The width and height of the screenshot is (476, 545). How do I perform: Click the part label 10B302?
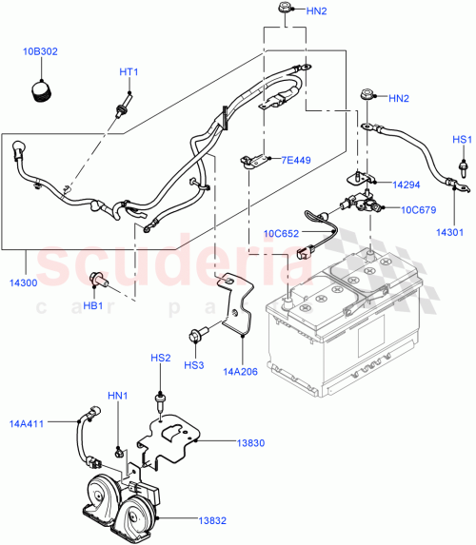40,52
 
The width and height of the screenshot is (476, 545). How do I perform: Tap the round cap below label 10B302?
41,89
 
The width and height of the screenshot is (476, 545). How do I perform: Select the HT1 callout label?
129,72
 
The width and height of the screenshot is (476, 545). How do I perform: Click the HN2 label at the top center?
317,11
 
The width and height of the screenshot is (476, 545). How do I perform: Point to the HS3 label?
194,364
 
